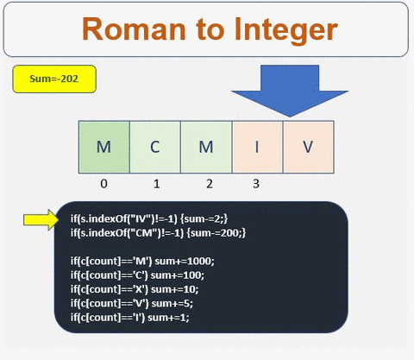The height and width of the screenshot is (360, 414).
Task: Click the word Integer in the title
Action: click(275, 29)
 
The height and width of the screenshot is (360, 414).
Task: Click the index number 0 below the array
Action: click(103, 183)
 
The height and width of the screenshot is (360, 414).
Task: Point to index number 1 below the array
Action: click(154, 183)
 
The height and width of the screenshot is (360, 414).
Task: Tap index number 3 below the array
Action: click(256, 183)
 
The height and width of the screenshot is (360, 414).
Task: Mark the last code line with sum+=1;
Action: click(129, 317)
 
